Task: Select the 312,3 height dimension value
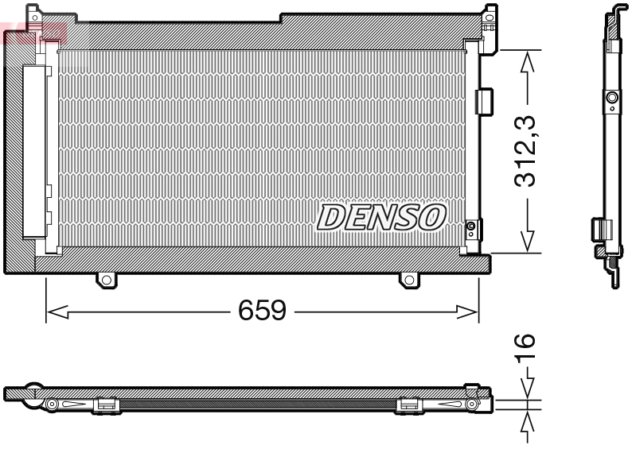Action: [523, 151]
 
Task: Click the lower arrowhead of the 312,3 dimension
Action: [525, 242]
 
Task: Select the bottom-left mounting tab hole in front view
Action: [104, 280]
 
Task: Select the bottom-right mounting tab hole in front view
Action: [408, 280]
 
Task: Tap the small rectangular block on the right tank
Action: [482, 100]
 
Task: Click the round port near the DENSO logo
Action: [470, 227]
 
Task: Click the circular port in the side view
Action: [611, 99]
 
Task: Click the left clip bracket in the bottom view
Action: [106, 405]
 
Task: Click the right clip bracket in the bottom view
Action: [408, 405]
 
